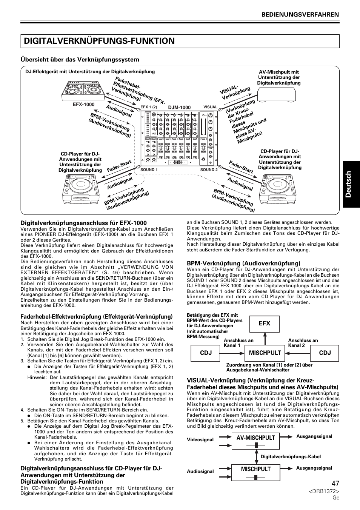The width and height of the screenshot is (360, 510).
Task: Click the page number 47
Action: point(335,484)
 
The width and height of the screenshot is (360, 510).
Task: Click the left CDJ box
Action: point(206,353)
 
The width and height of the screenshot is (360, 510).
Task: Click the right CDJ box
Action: point(325,353)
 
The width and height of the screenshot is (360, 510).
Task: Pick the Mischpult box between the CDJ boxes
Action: point(265,353)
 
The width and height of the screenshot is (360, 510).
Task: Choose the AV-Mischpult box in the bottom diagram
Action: point(256,441)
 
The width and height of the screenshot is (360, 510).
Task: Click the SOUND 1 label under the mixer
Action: point(149,170)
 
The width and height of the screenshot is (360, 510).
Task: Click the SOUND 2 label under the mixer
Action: point(209,170)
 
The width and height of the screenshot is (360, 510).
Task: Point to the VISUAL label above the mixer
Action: point(210,107)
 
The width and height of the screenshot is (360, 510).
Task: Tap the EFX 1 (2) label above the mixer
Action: point(148,107)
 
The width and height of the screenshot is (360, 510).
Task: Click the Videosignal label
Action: point(200,440)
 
